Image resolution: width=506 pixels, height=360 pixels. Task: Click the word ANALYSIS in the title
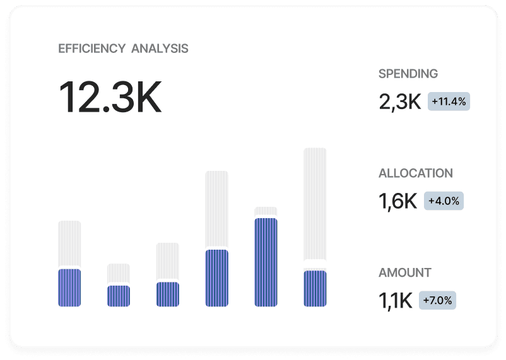tap(160, 49)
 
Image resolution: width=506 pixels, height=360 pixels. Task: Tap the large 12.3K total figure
tap(110, 97)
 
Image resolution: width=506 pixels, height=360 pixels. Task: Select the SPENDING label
tap(408, 74)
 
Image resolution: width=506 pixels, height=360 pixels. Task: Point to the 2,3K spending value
tap(399, 102)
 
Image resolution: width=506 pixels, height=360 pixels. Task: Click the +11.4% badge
tap(449, 101)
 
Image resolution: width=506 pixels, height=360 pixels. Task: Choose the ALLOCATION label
tap(415, 173)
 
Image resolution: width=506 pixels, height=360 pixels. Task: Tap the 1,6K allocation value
tap(397, 201)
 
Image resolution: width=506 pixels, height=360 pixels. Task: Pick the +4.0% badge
tap(444, 201)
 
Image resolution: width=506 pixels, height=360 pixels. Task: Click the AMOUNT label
tap(404, 273)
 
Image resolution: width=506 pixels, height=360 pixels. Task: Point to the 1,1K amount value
tap(395, 301)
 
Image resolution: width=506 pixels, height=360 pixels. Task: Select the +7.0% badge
tap(437, 301)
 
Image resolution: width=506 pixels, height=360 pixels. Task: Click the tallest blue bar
tap(266, 262)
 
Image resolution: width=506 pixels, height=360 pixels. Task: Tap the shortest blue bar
tap(119, 296)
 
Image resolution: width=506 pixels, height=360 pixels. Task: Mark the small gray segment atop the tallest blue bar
tap(266, 211)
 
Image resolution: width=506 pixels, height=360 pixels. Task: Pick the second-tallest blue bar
tap(216, 278)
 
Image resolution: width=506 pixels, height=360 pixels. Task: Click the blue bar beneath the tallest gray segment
tap(315, 288)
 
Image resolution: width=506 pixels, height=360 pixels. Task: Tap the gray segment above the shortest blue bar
tap(119, 273)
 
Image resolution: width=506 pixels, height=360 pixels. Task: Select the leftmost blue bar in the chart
tap(69, 287)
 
